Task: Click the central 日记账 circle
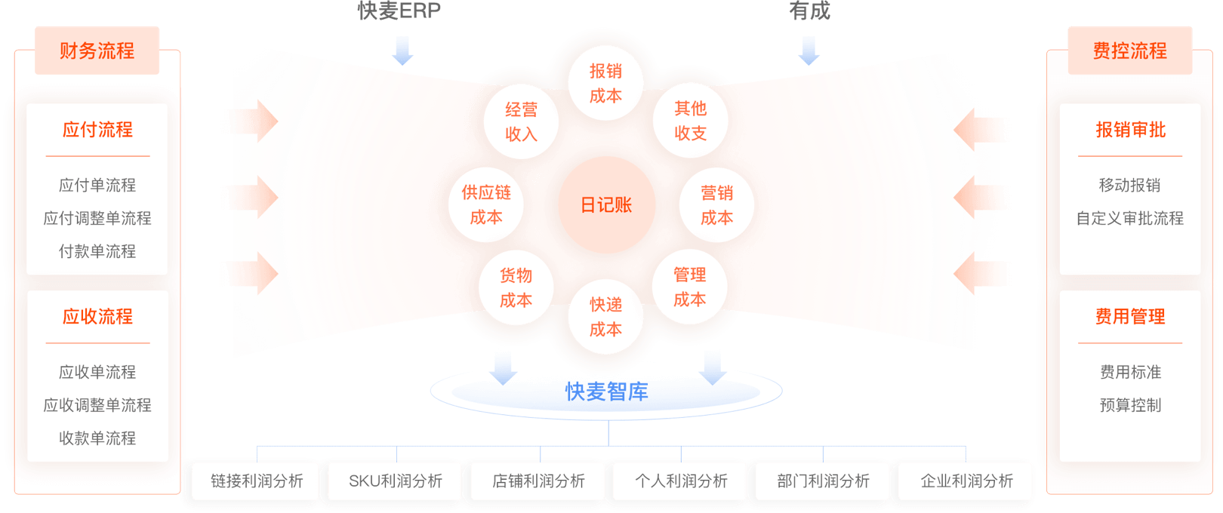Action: (606, 205)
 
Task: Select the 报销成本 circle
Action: (605, 83)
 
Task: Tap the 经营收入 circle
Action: (521, 121)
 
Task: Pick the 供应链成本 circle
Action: (486, 205)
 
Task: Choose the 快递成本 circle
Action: (605, 317)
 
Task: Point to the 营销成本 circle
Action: (716, 205)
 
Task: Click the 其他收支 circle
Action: (690, 121)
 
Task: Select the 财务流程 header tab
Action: (97, 51)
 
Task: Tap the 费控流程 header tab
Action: (1129, 51)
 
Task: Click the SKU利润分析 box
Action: (396, 481)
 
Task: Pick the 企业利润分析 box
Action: (966, 481)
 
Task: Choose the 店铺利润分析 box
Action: (538, 481)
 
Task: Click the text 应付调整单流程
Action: (97, 218)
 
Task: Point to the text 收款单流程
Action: (97, 438)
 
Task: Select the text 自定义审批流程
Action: (1129, 218)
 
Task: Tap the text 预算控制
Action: (1130, 405)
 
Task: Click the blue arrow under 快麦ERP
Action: (402, 51)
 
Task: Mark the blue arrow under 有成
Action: (809, 51)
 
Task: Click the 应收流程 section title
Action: (97, 316)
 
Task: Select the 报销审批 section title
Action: (1130, 130)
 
